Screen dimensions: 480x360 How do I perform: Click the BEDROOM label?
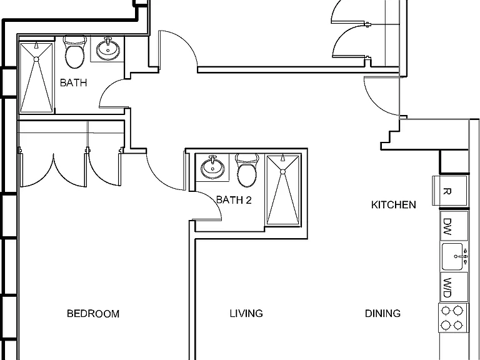(x=93, y=314)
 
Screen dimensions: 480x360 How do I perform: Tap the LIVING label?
(x=246, y=314)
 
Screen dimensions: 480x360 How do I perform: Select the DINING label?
(x=382, y=314)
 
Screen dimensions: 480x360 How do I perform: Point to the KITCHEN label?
(x=393, y=205)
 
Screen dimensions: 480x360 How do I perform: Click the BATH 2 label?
(x=234, y=200)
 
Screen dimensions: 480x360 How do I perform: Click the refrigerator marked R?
(x=449, y=191)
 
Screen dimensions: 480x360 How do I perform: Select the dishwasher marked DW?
(x=454, y=226)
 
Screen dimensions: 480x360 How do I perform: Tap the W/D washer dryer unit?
(x=454, y=287)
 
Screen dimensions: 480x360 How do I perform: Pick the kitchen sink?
(x=454, y=256)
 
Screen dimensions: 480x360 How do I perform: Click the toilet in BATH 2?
(x=247, y=171)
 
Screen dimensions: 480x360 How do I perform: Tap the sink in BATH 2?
(x=212, y=167)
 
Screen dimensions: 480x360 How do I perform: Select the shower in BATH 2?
(x=283, y=190)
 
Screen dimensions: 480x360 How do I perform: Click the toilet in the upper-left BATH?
(x=75, y=52)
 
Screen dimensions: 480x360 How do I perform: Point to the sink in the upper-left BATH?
(x=107, y=49)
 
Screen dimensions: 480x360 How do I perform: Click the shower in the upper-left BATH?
(x=36, y=77)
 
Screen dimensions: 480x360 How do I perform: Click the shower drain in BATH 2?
(x=283, y=172)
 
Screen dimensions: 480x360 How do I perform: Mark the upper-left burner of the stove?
(x=446, y=311)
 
